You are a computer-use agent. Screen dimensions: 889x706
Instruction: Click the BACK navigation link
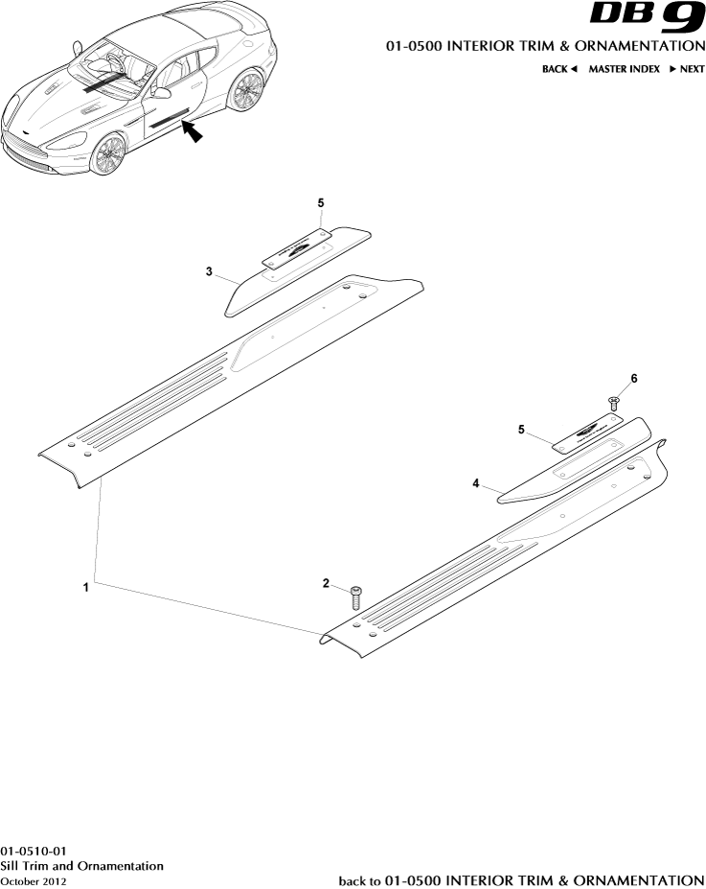click(x=559, y=69)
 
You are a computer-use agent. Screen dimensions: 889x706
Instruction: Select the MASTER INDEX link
click(x=624, y=69)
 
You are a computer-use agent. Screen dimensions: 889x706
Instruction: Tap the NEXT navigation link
click(x=687, y=69)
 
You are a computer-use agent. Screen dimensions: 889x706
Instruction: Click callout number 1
click(x=86, y=587)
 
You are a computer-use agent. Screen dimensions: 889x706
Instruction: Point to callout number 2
click(x=326, y=583)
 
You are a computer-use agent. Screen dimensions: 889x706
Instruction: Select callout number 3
click(x=209, y=271)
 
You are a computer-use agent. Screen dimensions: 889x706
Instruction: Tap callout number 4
click(x=475, y=484)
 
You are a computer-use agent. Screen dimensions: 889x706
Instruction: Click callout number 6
click(x=633, y=379)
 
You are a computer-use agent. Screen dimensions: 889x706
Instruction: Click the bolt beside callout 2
click(x=355, y=597)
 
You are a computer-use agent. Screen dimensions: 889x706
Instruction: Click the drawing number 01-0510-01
click(x=34, y=851)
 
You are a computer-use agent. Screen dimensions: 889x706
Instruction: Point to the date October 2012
click(x=34, y=880)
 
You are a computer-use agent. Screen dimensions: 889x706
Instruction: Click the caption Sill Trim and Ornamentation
click(x=81, y=865)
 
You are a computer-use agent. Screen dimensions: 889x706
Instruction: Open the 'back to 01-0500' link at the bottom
click(x=522, y=879)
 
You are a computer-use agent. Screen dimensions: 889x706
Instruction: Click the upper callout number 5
click(x=321, y=203)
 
